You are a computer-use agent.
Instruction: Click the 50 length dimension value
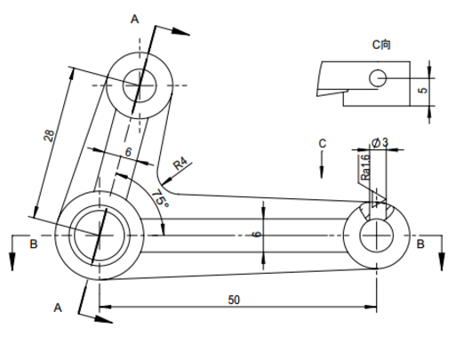click(234, 300)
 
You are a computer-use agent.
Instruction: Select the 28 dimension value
click(49, 136)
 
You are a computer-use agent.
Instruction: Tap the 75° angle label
click(161, 198)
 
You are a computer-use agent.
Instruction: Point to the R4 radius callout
click(180, 164)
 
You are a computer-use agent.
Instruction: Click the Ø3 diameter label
click(380, 142)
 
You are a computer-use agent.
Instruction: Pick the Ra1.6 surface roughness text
click(365, 167)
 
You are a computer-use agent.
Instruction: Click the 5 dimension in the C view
click(424, 90)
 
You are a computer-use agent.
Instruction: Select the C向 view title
click(381, 44)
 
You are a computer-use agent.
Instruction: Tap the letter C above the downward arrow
click(322, 143)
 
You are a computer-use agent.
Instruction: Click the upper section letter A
click(134, 20)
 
